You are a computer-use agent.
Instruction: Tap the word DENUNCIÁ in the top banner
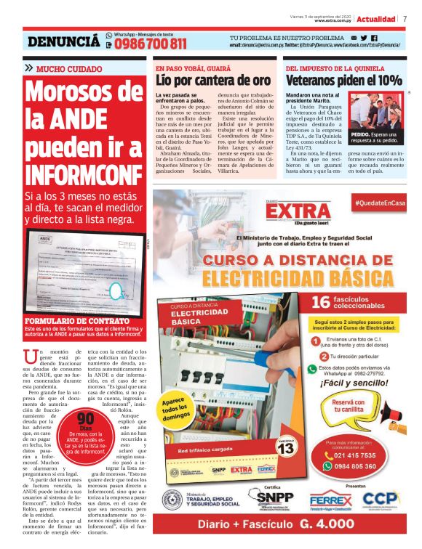point(63,42)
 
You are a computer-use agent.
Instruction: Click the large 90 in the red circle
point(86,419)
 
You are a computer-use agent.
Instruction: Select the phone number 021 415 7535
point(360,455)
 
